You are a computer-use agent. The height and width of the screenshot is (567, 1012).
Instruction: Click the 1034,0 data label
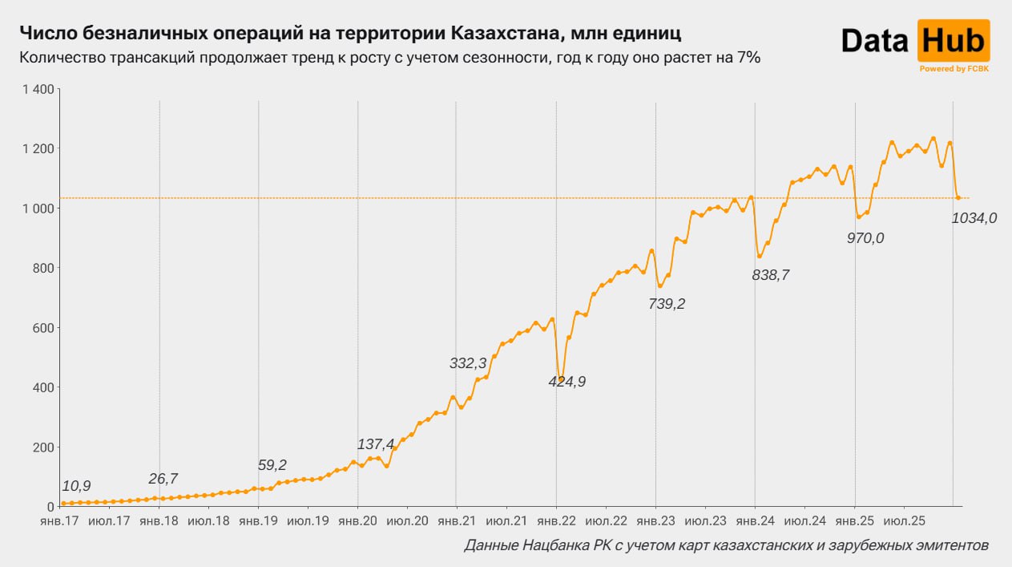tap(974, 217)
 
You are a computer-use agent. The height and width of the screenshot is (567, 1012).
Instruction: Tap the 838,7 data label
tap(771, 275)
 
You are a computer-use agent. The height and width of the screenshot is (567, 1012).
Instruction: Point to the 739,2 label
tap(667, 304)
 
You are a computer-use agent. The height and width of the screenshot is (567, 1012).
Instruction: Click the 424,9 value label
tap(566, 382)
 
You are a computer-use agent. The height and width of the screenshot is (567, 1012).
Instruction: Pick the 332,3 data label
tap(468, 363)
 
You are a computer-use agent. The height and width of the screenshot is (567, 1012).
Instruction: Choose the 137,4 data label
tap(376, 444)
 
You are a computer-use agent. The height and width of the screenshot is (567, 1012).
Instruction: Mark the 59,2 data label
tap(272, 464)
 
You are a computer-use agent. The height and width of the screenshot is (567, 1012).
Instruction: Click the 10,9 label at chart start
tap(76, 486)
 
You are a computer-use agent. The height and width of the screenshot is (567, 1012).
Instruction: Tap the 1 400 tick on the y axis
tap(38, 89)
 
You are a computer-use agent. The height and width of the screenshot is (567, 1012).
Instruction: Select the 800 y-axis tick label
tap(42, 268)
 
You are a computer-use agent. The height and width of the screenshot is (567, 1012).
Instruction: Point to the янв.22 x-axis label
tap(555, 520)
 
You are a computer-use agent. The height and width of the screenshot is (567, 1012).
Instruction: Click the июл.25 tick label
tap(904, 520)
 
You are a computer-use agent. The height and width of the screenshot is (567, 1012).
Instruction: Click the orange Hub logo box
tap(953, 41)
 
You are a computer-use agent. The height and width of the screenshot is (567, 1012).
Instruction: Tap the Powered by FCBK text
tap(954, 69)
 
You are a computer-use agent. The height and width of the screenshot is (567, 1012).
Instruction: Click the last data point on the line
tap(958, 197)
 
